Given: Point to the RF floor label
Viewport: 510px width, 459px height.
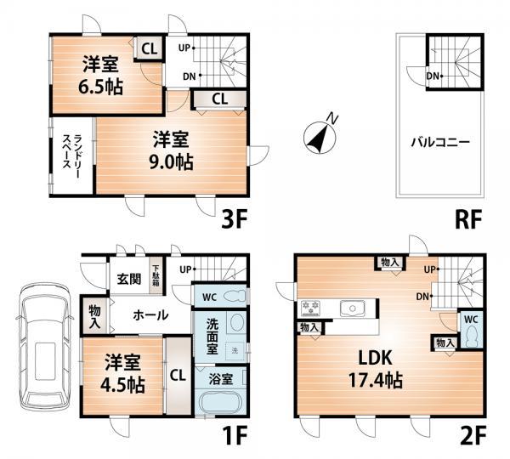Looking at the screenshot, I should [x=467, y=218].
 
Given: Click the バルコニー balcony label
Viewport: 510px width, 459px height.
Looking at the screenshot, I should [x=439, y=142].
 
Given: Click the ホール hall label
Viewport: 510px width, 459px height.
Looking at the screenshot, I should [x=150, y=314].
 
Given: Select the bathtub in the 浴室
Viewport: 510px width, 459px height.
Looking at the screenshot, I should [x=220, y=403].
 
